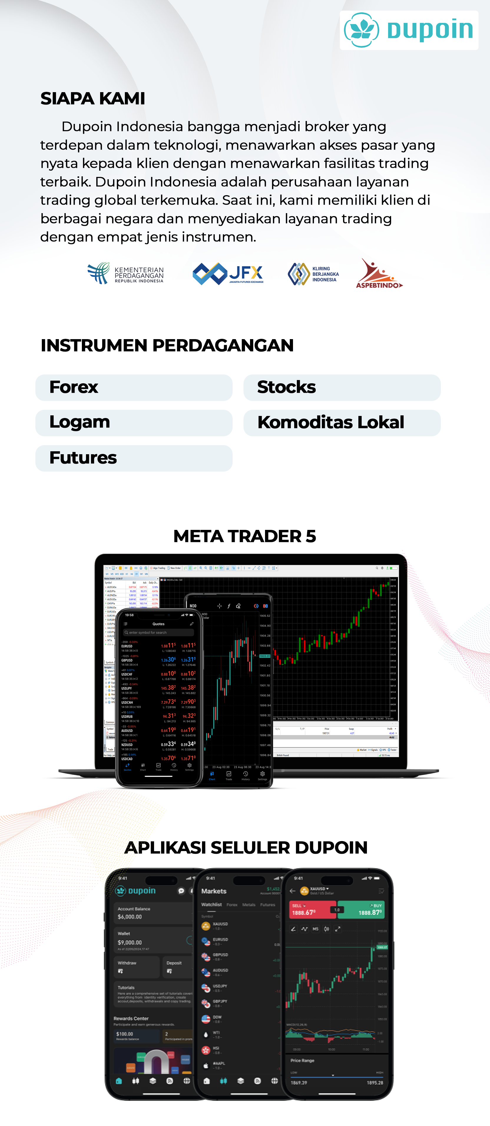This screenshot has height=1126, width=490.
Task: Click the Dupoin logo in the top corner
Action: pyautogui.click(x=409, y=30)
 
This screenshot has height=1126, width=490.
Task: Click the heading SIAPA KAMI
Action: pyautogui.click(x=93, y=98)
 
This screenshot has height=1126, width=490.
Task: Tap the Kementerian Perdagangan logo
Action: pyautogui.click(x=125, y=274)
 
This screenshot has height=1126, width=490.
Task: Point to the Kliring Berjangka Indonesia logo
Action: pyautogui.click(x=313, y=274)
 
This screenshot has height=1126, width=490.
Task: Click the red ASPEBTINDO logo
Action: pyautogui.click(x=378, y=274)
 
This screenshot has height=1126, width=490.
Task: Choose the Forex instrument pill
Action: pyautogui.click(x=134, y=387)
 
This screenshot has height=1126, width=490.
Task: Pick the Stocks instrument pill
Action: pyautogui.click(x=342, y=387)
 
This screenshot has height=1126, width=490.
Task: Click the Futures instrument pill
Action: pyautogui.click(x=134, y=458)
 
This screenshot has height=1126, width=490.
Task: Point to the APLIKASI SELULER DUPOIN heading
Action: pyautogui.click(x=246, y=848)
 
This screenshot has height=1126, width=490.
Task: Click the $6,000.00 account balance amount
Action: pyautogui.click(x=130, y=917)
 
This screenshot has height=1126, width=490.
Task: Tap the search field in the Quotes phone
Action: pyautogui.click(x=158, y=633)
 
